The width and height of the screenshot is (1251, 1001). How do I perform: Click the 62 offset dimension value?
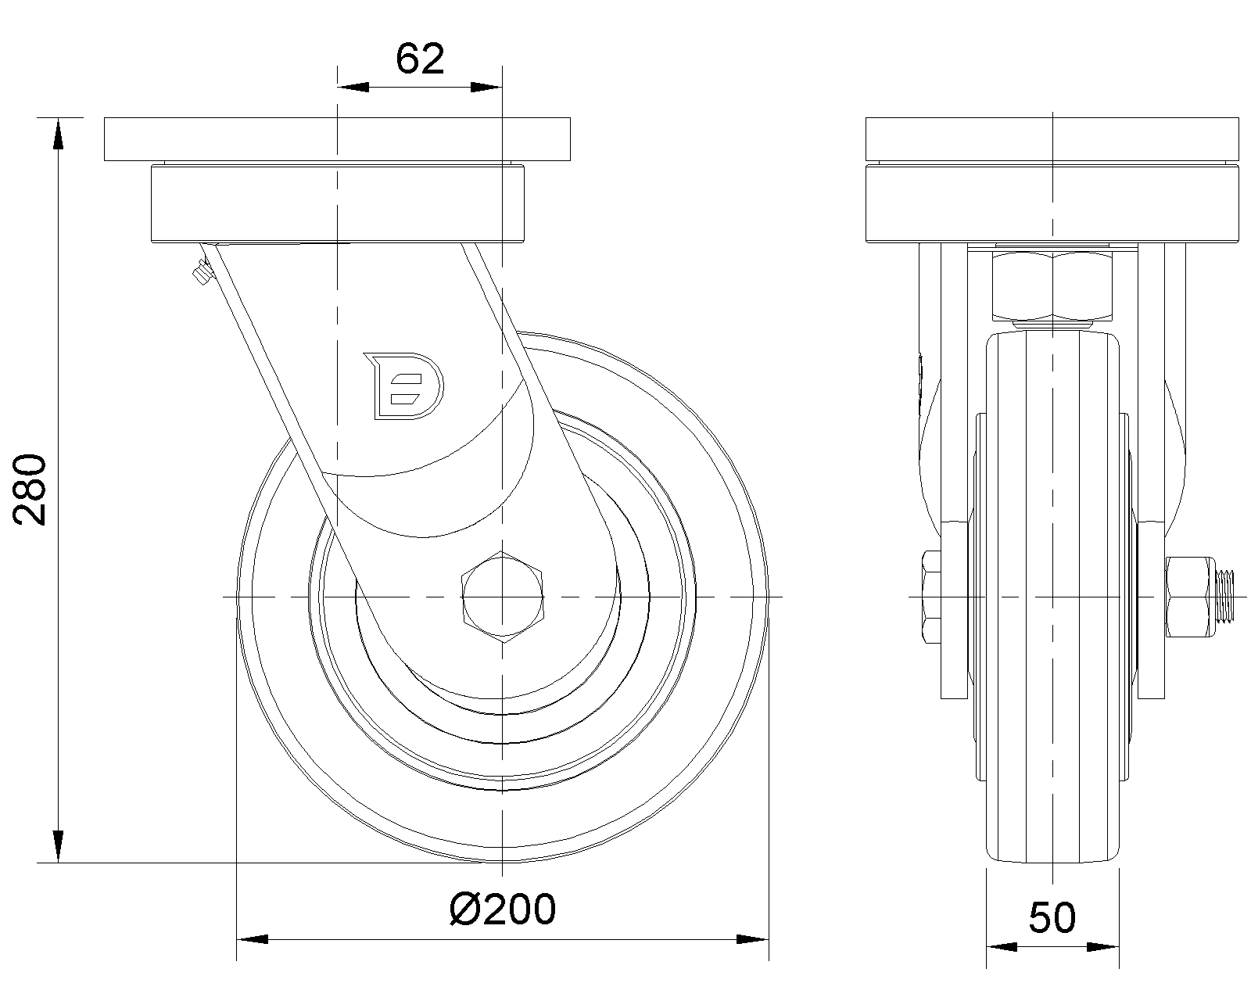point(420,59)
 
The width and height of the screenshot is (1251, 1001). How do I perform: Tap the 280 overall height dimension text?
point(30,490)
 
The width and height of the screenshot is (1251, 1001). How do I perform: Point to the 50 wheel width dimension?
point(1052,918)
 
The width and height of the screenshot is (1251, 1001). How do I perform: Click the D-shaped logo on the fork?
point(404,386)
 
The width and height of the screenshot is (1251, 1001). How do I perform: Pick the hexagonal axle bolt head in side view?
point(502,597)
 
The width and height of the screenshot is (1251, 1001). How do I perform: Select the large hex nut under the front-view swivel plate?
point(1052,285)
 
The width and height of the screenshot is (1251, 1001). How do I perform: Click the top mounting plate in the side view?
point(337,139)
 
